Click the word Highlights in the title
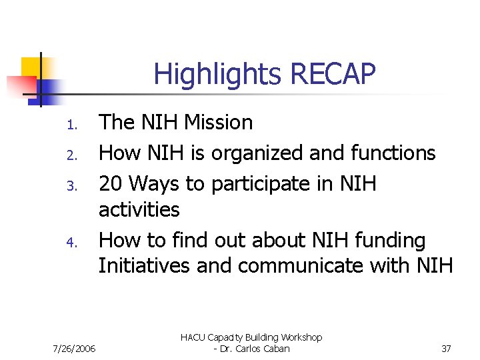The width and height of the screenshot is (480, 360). coord(209,75)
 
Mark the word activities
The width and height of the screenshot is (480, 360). coord(139,210)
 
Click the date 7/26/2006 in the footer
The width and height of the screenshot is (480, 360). coord(73,349)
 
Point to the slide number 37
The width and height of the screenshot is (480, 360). coord(446,349)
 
